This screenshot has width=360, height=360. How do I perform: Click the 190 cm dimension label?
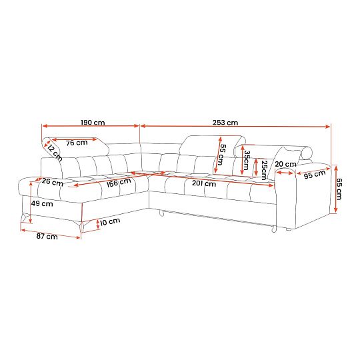(93, 123)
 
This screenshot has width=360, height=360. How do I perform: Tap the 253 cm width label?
(225, 123)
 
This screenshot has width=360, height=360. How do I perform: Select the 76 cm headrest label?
(77, 143)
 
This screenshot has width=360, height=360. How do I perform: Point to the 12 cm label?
(55, 153)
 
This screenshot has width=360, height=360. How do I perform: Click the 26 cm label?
(53, 182)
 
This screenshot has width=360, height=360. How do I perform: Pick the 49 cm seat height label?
(42, 203)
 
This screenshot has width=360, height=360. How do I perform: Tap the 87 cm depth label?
(47, 236)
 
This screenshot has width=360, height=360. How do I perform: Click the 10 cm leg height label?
(110, 221)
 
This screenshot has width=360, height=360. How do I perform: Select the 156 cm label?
(119, 183)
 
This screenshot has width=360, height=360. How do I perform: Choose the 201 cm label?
(204, 183)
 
